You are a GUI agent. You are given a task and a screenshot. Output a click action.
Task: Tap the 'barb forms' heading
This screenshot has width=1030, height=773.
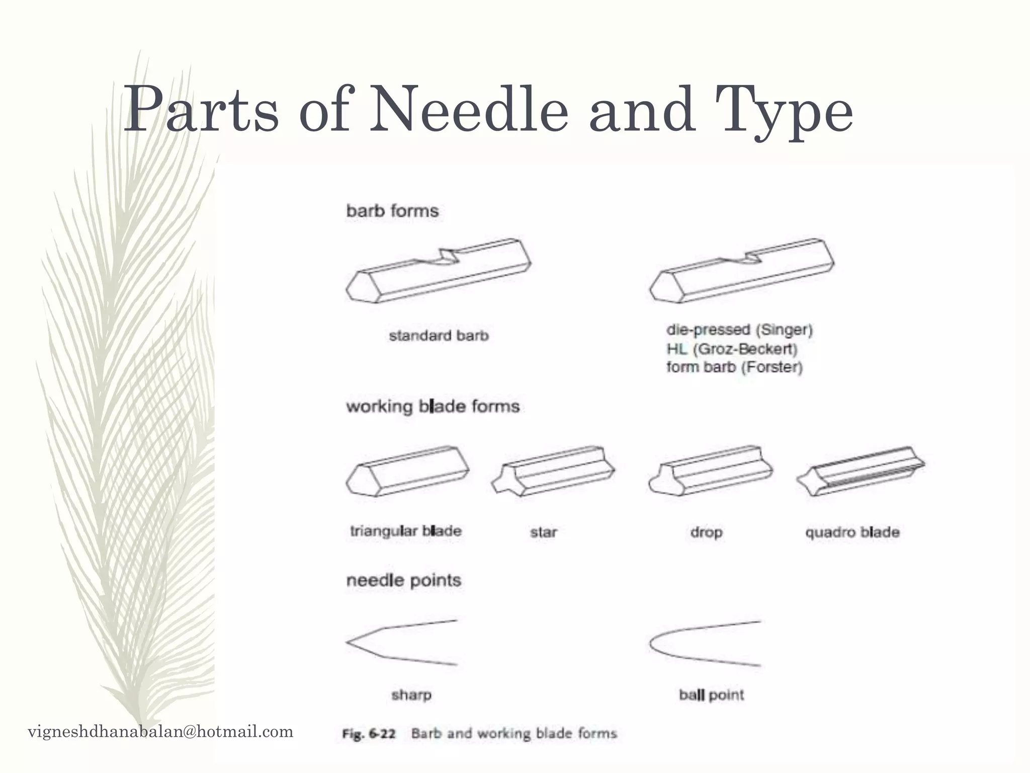pyautogui.click(x=392, y=210)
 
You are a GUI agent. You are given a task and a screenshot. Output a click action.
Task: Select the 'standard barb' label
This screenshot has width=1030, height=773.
pyautogui.click(x=439, y=336)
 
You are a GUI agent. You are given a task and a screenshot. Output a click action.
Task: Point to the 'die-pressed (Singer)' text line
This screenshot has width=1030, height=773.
pyautogui.click(x=739, y=330)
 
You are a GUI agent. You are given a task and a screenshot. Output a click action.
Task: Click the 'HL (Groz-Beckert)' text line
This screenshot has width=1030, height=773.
pyautogui.click(x=732, y=349)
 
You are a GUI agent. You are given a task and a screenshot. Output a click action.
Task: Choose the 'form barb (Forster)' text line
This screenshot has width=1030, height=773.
pyautogui.click(x=734, y=367)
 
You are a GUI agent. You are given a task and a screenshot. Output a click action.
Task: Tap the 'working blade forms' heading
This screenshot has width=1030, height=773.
pyautogui.click(x=433, y=406)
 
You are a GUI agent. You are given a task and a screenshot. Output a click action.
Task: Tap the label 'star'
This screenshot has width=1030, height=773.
pyautogui.click(x=543, y=532)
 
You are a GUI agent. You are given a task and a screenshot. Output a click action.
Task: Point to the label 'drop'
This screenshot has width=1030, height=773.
pyautogui.click(x=706, y=532)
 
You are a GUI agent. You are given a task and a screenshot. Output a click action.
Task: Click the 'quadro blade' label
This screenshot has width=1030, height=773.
pyautogui.click(x=852, y=532)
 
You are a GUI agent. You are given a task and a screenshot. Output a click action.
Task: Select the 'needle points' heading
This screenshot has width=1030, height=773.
pyautogui.click(x=403, y=580)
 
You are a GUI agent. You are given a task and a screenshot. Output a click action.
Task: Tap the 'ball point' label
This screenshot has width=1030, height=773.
pyautogui.click(x=711, y=695)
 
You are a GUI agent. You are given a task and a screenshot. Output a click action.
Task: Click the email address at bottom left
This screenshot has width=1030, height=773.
pyautogui.click(x=160, y=731)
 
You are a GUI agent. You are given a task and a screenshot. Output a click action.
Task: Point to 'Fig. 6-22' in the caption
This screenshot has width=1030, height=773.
pyautogui.click(x=368, y=734)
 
